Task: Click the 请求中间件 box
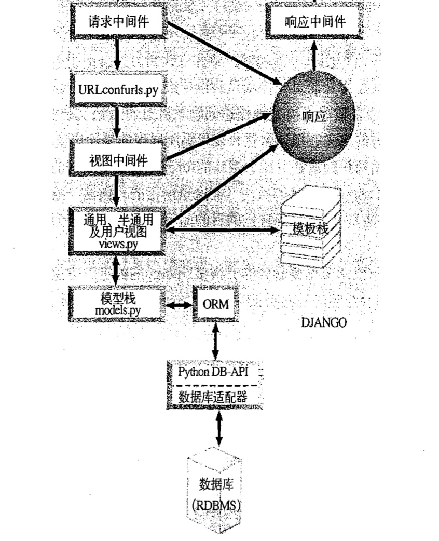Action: coord(118,22)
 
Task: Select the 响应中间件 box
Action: coord(314,22)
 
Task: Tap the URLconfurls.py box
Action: coord(117,89)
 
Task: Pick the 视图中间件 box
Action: coord(118,160)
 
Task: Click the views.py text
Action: coord(117,243)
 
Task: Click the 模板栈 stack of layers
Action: coord(310,229)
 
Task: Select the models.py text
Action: coord(117,310)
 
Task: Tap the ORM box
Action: coord(215,304)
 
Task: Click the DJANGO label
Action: coord(323,322)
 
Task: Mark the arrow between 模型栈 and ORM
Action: coord(179,305)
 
